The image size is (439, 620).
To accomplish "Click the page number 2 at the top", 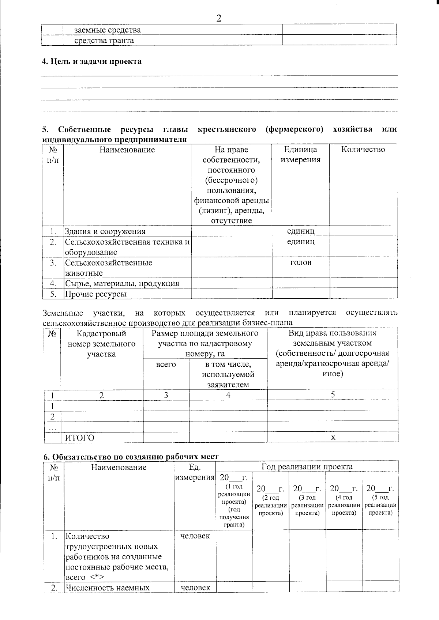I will point(219,18).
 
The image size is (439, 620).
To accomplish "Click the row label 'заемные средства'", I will point(107,30).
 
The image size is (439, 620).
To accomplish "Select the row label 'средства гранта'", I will point(104,41).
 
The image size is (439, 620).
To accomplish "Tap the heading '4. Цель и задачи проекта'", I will point(91,61).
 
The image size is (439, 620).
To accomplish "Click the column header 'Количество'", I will point(363,150).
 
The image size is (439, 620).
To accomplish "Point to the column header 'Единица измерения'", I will point(300,154).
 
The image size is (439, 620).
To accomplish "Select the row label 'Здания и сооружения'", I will point(105,231).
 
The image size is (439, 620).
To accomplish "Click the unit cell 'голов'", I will point(300,262).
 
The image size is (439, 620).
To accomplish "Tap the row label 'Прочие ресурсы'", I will point(96,294).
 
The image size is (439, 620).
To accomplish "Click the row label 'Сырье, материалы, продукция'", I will point(122,283).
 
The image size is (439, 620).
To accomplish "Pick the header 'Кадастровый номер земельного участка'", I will point(101,344).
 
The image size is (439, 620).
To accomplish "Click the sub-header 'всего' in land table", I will point(166,364).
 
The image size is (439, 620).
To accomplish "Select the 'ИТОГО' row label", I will point(79,438).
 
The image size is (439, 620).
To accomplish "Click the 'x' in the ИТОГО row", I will point(333,437).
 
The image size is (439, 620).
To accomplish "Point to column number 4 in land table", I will point(228,395).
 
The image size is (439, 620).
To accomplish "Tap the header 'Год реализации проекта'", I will point(307,467).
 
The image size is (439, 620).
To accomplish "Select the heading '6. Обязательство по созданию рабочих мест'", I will point(131,457).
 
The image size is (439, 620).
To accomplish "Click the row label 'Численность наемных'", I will point(107,588).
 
